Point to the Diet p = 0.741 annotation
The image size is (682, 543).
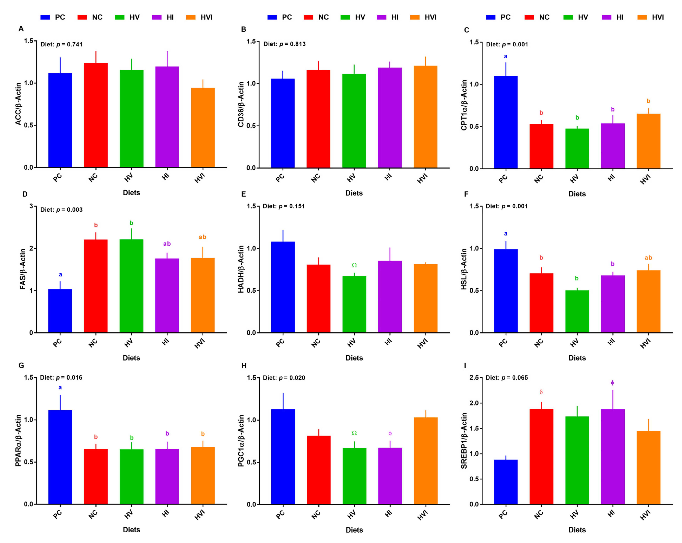(x=61, y=44)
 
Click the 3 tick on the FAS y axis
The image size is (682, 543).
(x=31, y=206)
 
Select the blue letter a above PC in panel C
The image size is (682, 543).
(x=506, y=56)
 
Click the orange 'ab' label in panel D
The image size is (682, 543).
(x=202, y=237)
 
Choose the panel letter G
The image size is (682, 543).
(x=21, y=365)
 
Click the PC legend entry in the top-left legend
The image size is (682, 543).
(x=53, y=17)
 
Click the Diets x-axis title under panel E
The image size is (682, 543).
(x=354, y=358)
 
